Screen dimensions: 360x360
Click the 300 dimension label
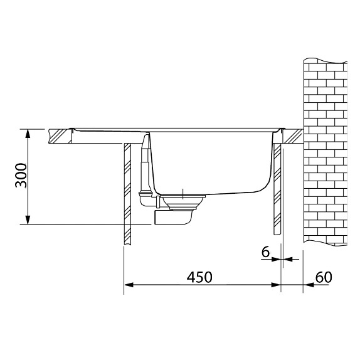pos(21,175)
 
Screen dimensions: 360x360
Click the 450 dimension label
pos(199,277)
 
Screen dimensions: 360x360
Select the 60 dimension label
pos(324,277)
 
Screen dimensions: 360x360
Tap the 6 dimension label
pos(265,252)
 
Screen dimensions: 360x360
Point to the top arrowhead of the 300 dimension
pos(28,134)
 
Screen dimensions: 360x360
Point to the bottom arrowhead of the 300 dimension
pos(28,220)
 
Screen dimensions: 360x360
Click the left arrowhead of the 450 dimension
pos(129,285)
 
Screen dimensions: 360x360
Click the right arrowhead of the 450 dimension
pos(276,285)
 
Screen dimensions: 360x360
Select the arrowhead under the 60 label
pos(308,285)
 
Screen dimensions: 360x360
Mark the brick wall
pos(326,152)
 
